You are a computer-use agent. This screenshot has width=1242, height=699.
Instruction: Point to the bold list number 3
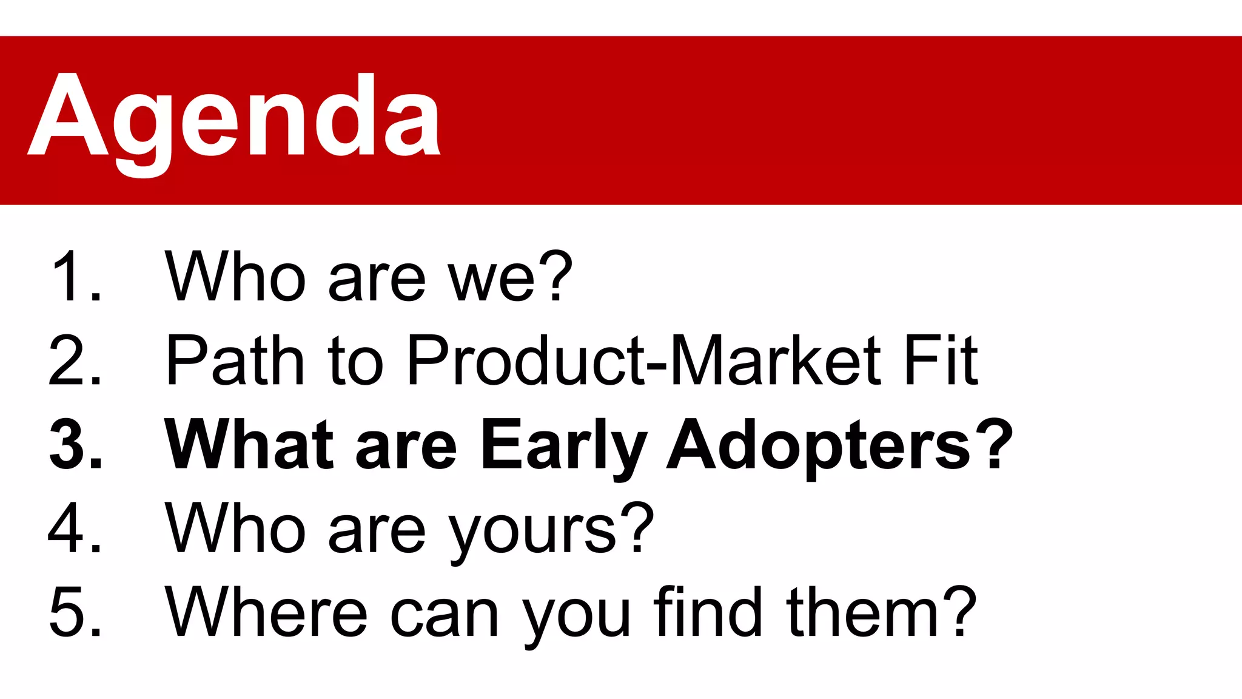tap(75, 444)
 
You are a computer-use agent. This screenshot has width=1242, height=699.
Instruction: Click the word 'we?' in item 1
tap(509, 276)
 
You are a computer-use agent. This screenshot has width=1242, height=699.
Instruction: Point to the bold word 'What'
tap(249, 444)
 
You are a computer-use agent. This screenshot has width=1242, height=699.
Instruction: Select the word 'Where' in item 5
tap(266, 612)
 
